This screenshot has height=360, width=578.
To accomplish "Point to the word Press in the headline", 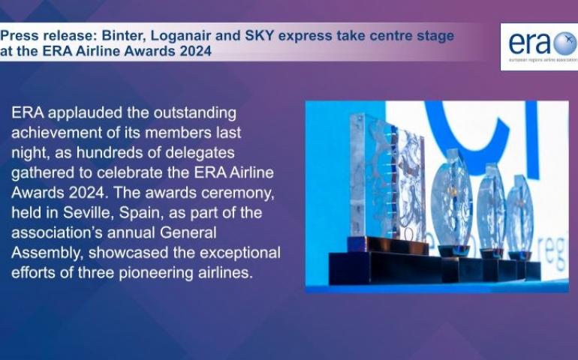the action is pyautogui.click(x=20, y=36).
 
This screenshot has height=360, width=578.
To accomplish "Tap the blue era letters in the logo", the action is pyautogui.click(x=530, y=43).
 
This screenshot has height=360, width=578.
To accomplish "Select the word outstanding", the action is pyautogui.click(x=195, y=113).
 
